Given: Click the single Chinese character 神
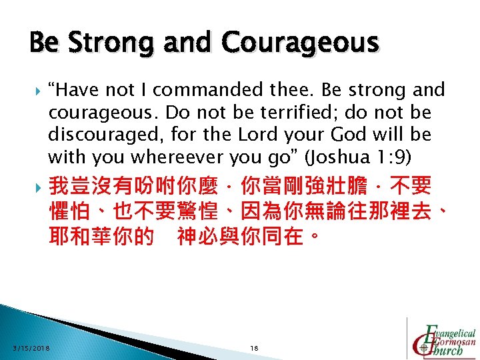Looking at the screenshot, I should pyautogui.click(x=187, y=237).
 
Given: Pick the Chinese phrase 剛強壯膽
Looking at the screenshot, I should pyautogui.click(x=325, y=185).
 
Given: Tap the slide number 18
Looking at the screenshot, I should pyautogui.click(x=253, y=348).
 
